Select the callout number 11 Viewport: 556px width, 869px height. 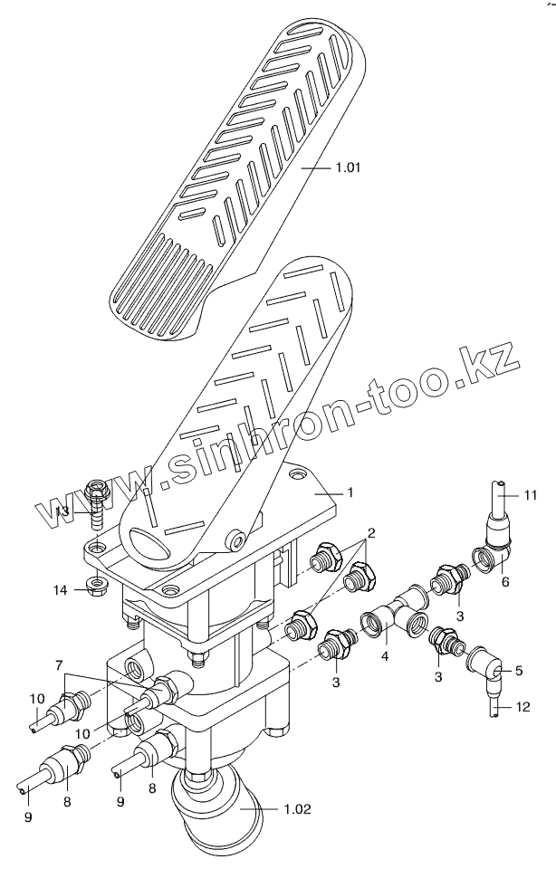530,495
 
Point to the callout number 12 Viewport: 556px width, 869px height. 530,705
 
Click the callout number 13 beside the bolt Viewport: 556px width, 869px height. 62,511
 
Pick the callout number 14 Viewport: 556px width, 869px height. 60,590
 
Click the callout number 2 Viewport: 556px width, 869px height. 370,531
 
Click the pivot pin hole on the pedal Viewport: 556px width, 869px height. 239,540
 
